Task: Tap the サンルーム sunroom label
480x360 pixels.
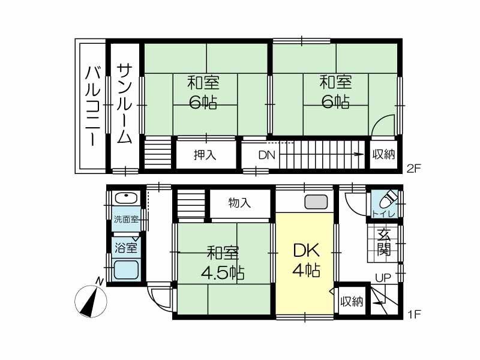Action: coord(125,103)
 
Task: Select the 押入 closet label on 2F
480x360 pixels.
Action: coord(205,155)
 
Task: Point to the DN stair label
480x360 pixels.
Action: coord(267,155)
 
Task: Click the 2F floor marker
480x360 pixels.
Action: coord(414,169)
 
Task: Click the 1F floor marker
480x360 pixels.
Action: coord(414,314)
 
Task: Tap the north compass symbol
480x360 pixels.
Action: coord(91,298)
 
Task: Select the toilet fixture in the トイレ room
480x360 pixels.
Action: coord(388,200)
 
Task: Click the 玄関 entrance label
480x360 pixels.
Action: coord(383,242)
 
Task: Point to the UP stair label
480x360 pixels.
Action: coord(383,278)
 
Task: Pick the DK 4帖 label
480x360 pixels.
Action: coord(307,260)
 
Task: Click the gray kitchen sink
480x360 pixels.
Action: coord(316,202)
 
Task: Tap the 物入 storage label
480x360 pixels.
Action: coord(239,203)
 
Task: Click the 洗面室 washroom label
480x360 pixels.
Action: coord(126,219)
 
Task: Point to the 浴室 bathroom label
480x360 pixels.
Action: coord(126,248)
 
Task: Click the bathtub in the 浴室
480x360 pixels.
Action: coord(126,269)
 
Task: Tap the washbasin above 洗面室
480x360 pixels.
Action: coord(126,198)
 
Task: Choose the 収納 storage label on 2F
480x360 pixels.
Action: coord(383,155)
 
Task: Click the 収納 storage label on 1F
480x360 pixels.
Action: coord(352,302)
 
